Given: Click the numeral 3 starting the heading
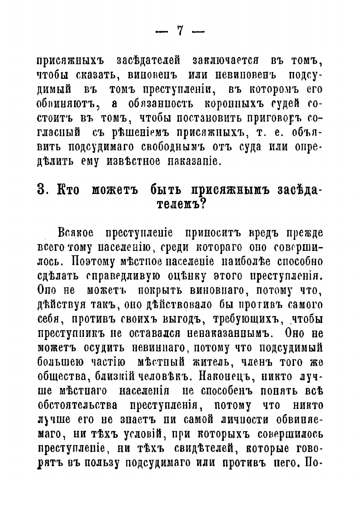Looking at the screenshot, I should (x=42, y=190).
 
